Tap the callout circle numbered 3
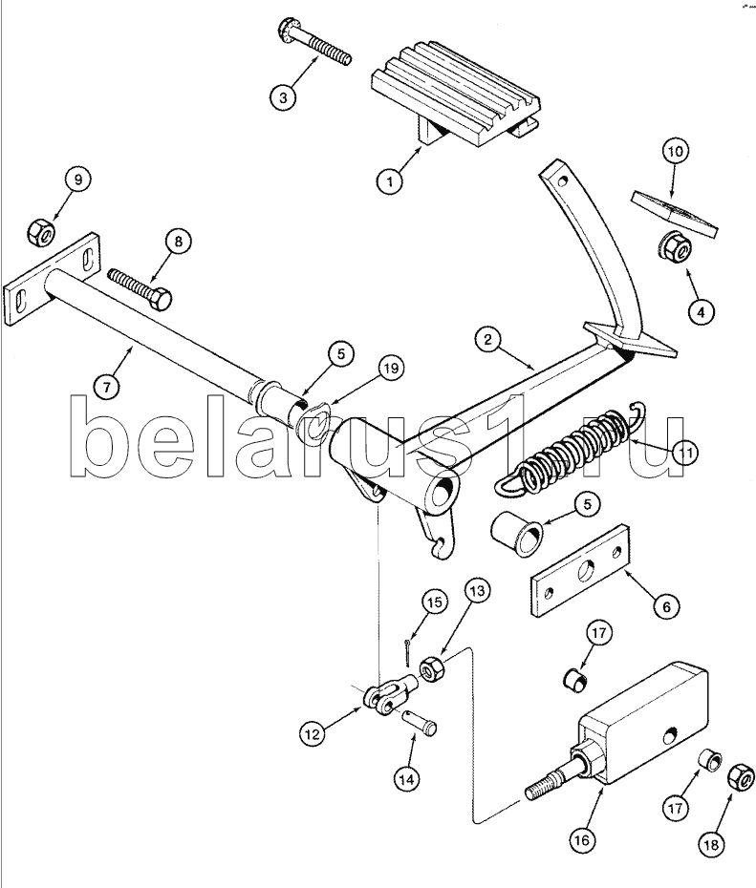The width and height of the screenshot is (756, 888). click(281, 95)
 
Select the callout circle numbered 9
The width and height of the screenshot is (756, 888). click(77, 179)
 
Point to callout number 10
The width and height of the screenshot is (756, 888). click(675, 151)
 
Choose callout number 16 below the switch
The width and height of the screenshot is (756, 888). click(582, 839)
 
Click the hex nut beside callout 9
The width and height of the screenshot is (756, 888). click(41, 229)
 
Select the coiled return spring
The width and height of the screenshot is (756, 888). click(572, 449)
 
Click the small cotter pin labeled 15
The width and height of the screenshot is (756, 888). click(407, 652)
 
